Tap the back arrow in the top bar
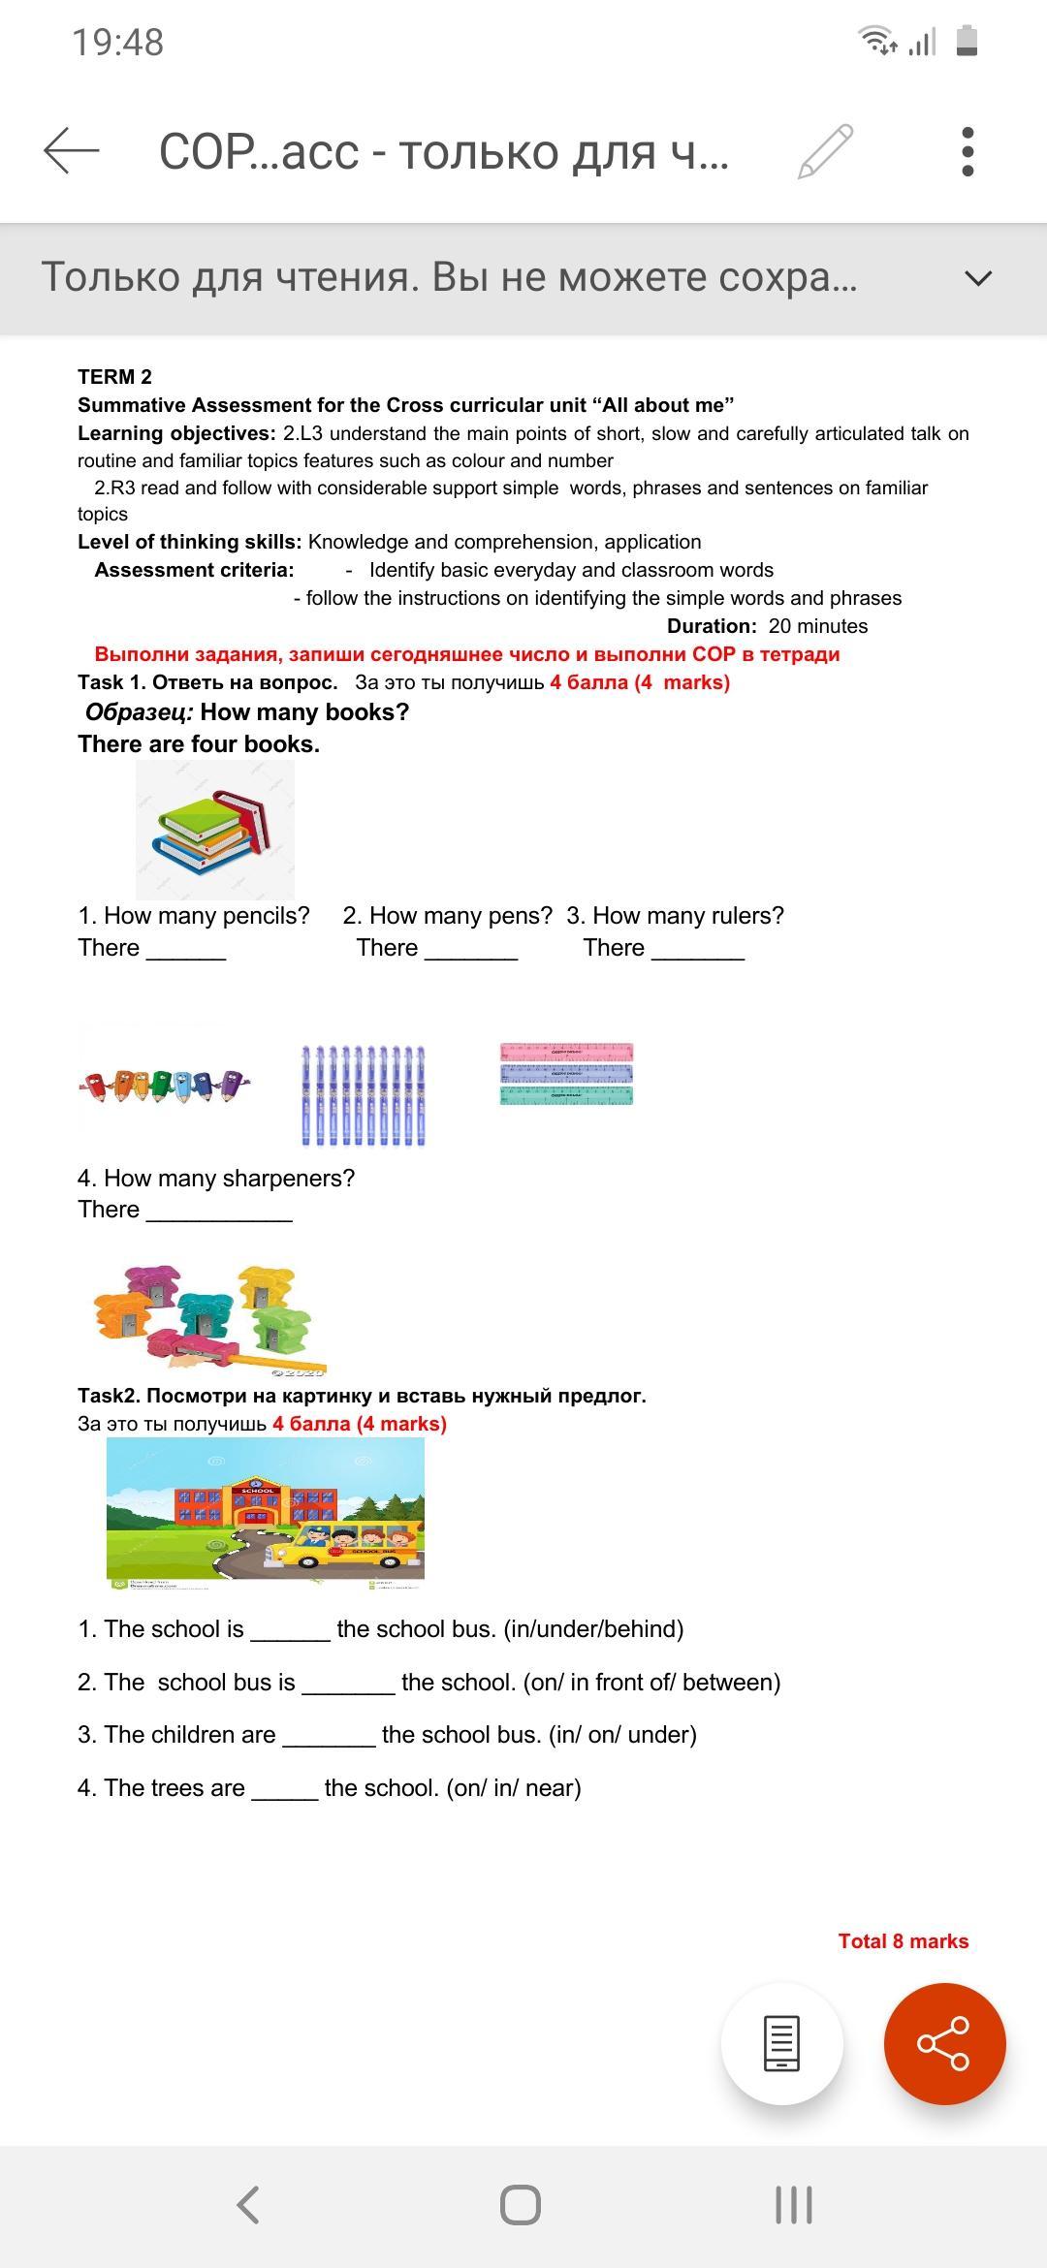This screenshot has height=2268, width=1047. (x=72, y=151)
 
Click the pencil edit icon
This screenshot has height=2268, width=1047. (x=825, y=151)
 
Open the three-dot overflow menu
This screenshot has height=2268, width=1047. (x=967, y=151)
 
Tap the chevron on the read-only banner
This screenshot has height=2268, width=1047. (x=979, y=278)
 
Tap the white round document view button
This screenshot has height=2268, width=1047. (x=781, y=2043)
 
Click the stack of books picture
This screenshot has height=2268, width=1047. (x=215, y=830)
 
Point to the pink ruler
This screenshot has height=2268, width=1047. (x=566, y=1052)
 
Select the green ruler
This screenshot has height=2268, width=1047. (x=566, y=1095)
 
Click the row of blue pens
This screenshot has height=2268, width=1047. (x=364, y=1095)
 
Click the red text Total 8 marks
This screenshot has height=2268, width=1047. (x=903, y=1940)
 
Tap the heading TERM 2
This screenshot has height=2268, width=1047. (x=114, y=377)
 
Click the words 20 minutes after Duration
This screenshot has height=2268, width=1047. (x=818, y=626)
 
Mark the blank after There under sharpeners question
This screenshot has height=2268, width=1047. (x=219, y=1212)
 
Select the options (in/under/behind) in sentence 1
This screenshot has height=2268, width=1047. (x=593, y=1629)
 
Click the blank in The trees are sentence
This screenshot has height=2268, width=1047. (x=284, y=1789)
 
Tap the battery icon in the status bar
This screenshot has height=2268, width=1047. (x=967, y=42)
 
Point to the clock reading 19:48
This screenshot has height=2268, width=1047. (x=118, y=43)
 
